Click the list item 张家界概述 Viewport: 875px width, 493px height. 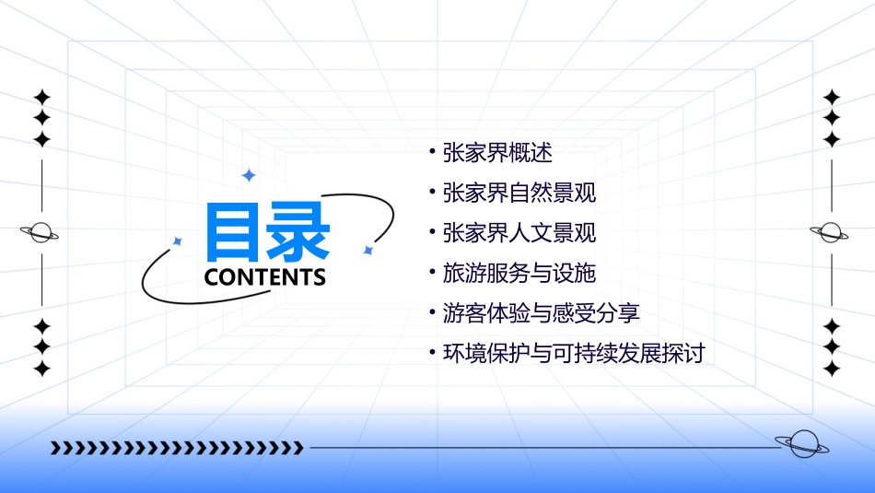point(497,152)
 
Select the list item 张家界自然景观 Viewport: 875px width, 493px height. point(519,193)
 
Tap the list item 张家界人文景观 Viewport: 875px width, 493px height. point(519,233)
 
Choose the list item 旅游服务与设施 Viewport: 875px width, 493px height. point(519,273)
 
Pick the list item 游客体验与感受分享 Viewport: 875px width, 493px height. point(541,313)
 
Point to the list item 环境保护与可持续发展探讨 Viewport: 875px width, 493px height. point(573,353)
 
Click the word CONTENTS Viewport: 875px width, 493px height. point(265,277)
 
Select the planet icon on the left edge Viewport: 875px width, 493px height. point(41,232)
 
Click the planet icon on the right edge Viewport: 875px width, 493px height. point(831,232)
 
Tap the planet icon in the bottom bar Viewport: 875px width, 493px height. point(801,444)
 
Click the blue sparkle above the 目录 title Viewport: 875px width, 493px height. point(248,174)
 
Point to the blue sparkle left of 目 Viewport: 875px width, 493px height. point(178,241)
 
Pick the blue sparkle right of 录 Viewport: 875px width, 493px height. point(367,250)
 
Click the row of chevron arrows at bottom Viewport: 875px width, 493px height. point(177,448)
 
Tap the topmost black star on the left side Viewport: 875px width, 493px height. point(41,97)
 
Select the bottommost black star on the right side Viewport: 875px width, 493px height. point(832,369)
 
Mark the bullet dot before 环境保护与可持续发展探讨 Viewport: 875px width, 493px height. point(432,351)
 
